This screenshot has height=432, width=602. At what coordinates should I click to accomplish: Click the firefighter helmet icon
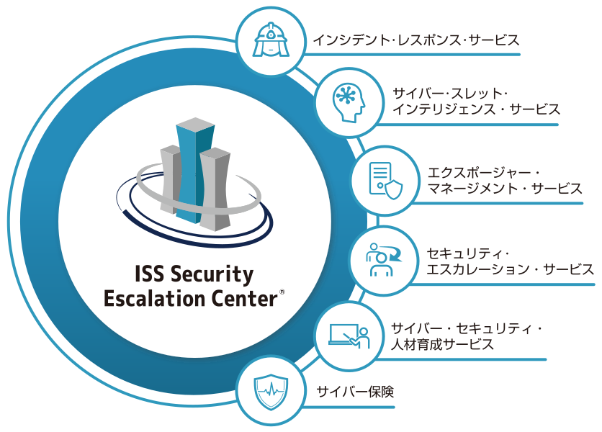271,40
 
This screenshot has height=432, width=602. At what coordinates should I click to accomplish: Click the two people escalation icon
383,260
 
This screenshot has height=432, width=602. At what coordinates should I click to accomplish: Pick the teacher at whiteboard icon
349,336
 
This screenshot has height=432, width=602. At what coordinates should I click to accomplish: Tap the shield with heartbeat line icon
271,392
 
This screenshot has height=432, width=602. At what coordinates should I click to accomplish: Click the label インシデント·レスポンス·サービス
416,40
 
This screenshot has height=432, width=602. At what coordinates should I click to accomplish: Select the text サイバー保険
355,392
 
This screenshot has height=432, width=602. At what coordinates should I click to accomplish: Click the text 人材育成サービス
442,344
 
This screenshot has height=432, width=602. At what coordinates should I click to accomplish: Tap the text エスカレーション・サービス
511,269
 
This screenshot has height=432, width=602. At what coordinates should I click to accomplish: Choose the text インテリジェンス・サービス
476,109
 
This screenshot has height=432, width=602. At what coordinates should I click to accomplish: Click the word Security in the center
212,274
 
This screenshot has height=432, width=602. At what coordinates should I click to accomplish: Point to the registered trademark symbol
282,292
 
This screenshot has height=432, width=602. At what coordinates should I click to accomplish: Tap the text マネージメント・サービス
505,189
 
